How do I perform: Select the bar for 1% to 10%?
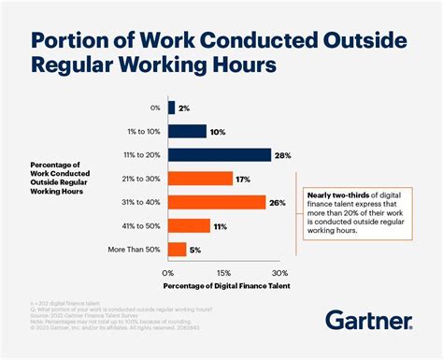tap(186, 131)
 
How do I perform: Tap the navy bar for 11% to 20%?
tap(219, 154)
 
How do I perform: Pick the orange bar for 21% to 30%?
tap(200, 178)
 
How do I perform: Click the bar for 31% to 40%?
tap(216, 201)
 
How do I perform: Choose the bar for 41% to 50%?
tap(189, 225)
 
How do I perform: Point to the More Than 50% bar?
tap(177, 249)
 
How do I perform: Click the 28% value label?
tap(283, 154)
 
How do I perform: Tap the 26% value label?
tap(278, 201)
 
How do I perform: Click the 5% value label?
tap(196, 249)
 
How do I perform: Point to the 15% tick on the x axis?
tap(222, 271)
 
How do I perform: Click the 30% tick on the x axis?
tap(278, 271)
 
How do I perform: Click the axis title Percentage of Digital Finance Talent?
tap(222, 284)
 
